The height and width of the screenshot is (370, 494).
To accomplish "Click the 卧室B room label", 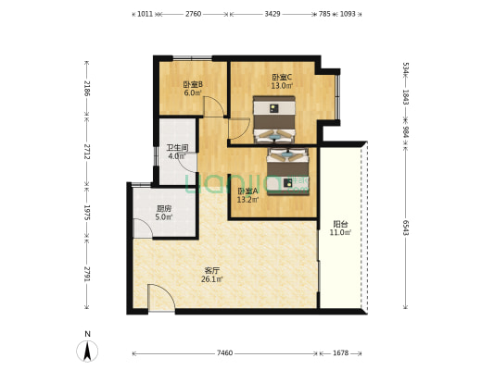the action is pos(193,84).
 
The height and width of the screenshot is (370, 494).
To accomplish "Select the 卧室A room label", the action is pos(248,191).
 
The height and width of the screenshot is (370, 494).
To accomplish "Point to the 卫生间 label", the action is pos(177,148).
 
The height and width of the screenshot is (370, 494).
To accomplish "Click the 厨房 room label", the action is pos(164,208).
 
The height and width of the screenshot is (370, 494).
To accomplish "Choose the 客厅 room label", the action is pos(212,270).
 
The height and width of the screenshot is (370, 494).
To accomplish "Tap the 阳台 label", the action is pos(340,224).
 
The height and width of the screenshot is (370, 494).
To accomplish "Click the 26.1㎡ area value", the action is pos(212,278).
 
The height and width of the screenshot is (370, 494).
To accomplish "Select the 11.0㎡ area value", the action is pos(340,232).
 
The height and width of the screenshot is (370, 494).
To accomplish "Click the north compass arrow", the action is pos(87,351).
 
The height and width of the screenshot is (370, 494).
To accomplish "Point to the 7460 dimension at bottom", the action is pos(224,353).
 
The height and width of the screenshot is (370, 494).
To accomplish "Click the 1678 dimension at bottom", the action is pos(340,353).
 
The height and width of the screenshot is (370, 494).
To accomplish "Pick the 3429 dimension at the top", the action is pos(272,14).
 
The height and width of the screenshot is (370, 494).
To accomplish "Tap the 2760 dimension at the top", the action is pos(193,14).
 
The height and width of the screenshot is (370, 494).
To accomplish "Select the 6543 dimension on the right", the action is pos(405,228).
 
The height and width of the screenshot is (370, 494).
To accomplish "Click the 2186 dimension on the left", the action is pos(87,89).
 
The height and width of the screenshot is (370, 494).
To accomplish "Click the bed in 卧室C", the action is pos(274,119).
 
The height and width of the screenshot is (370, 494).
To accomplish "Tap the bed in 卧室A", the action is pos(288,171).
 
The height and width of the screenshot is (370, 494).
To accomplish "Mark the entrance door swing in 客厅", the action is pos(161,298).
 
